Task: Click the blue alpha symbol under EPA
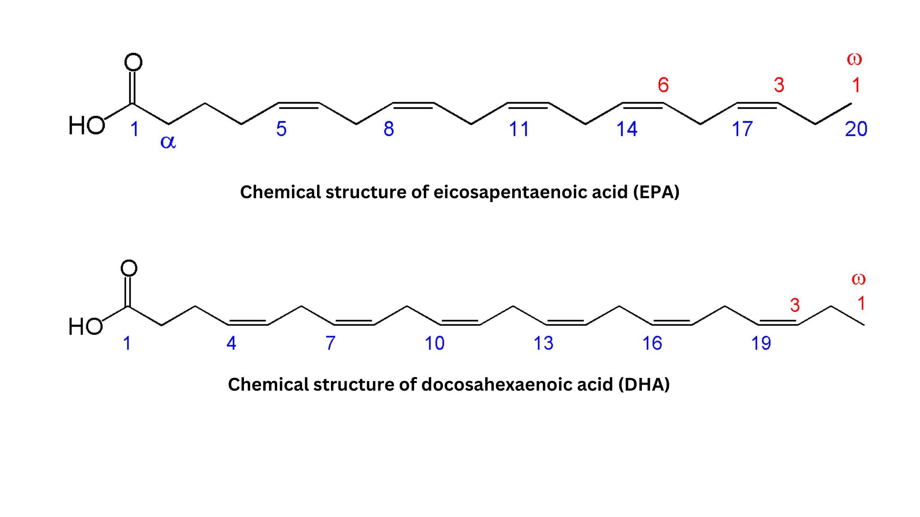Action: [x=168, y=142]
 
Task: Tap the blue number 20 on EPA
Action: [x=856, y=129]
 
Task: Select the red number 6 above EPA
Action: [x=663, y=85]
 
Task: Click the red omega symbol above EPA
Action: [x=854, y=59]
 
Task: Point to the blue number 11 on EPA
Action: [x=519, y=129]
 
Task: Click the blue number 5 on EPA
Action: [x=281, y=129]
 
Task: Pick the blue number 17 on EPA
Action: [x=742, y=129]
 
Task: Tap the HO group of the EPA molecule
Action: [x=87, y=125]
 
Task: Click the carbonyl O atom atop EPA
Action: [x=133, y=62]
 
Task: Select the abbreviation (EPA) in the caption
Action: [x=656, y=192]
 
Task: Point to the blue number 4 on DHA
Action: [x=231, y=343]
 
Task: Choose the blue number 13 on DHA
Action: [x=543, y=343]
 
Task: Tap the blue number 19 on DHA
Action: [x=761, y=343]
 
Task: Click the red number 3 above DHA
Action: [x=795, y=305]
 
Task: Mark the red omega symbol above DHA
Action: [x=858, y=280]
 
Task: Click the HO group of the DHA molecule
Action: [x=85, y=327]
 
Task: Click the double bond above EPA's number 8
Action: [x=413, y=105]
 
